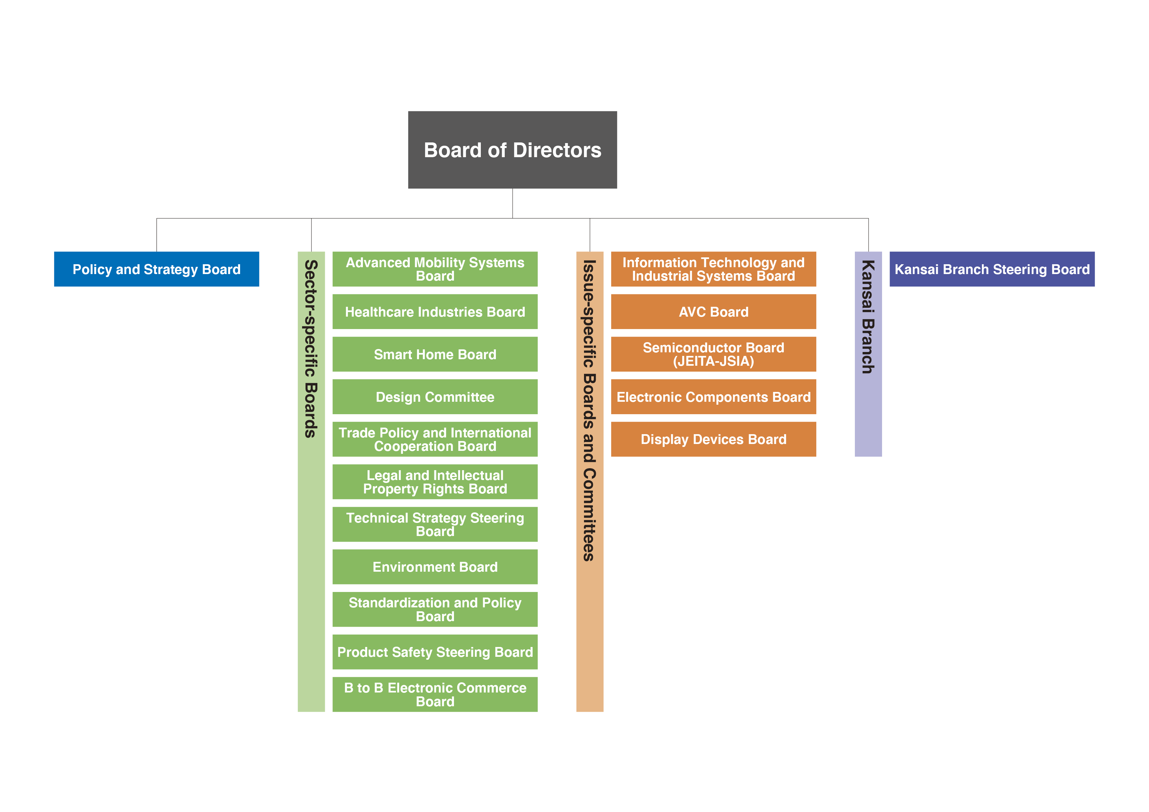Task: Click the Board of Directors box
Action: coord(513,150)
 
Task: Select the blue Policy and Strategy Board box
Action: coord(156,269)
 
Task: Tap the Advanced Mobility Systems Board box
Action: coord(435,269)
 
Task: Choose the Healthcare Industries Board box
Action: coord(435,312)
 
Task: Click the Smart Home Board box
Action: coord(435,354)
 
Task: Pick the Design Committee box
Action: coord(435,397)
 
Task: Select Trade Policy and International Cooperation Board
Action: coord(435,439)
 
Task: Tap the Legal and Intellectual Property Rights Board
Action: coord(435,482)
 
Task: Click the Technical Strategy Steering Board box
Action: coord(435,524)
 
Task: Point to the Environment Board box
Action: coord(435,567)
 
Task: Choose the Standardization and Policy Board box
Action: coord(435,609)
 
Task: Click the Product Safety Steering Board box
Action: coord(435,652)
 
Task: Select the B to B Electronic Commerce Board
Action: coord(435,694)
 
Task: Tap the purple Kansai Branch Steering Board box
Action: coord(992,269)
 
